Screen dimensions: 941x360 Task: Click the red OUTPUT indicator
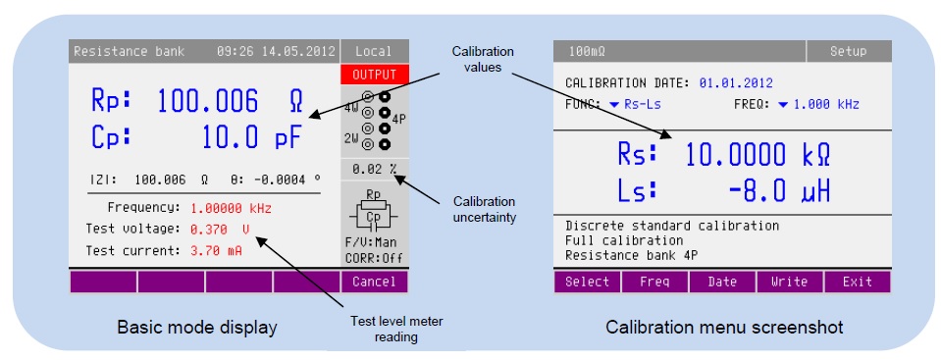point(375,75)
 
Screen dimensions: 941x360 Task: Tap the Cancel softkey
point(375,282)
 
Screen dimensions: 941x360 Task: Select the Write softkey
point(789,282)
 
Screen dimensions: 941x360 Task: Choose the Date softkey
point(722,282)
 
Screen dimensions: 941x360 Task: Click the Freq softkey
point(654,282)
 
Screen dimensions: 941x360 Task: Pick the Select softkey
point(587,282)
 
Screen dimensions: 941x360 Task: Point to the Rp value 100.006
point(208,101)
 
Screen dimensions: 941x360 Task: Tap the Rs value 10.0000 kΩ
point(758,155)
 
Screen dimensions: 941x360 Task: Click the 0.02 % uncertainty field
point(375,169)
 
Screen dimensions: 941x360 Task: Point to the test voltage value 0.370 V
point(220,229)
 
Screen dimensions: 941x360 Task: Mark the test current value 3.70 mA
point(216,251)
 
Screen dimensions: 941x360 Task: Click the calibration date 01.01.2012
point(736,83)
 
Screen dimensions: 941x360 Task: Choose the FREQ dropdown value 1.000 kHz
point(819,104)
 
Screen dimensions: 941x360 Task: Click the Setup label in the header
point(848,52)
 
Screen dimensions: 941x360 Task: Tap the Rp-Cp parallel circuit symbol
point(373,211)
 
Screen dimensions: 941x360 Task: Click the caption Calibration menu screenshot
point(724,328)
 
